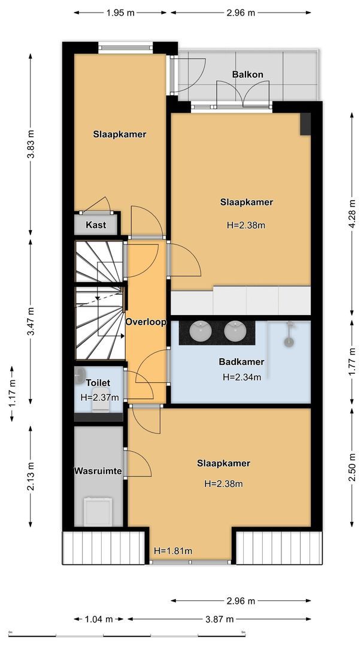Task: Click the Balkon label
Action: click(x=248, y=75)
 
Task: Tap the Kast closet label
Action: click(x=96, y=225)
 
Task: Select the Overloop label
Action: click(x=145, y=322)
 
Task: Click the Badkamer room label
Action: click(x=241, y=362)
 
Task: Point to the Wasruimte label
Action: click(x=98, y=471)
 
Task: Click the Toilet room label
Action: click(x=98, y=382)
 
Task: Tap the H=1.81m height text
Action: click(x=173, y=551)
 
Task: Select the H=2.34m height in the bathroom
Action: click(x=242, y=377)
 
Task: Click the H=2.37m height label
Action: click(x=99, y=397)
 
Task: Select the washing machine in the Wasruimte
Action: click(x=98, y=510)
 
